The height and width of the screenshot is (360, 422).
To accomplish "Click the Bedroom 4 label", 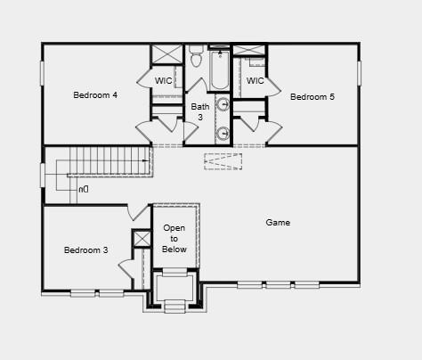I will tap(95, 94).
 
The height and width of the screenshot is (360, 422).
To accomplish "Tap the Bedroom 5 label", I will tap(312, 96).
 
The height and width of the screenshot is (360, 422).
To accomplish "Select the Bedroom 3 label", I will tap(85, 250).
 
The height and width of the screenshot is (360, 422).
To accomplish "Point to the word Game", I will tap(278, 222).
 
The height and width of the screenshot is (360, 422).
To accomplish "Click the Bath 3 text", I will tap(200, 112).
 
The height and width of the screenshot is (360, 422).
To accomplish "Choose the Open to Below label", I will tap(174, 239).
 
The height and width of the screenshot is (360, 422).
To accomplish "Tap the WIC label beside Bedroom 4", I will tap(163, 81).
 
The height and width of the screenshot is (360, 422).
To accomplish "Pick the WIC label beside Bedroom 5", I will tap(255, 81).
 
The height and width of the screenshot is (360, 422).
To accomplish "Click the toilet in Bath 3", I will tap(197, 60).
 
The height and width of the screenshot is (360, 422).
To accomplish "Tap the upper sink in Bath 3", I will tap(223, 104).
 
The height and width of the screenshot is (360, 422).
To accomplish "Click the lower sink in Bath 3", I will tap(223, 135).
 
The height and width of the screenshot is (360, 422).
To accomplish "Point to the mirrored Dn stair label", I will tap(83, 190).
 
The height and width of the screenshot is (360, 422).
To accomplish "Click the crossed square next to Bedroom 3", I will tap(142, 239).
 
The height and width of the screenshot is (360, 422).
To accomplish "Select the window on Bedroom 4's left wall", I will tap(42, 73).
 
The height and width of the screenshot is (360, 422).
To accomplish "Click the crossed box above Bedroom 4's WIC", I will tap(166, 53).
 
